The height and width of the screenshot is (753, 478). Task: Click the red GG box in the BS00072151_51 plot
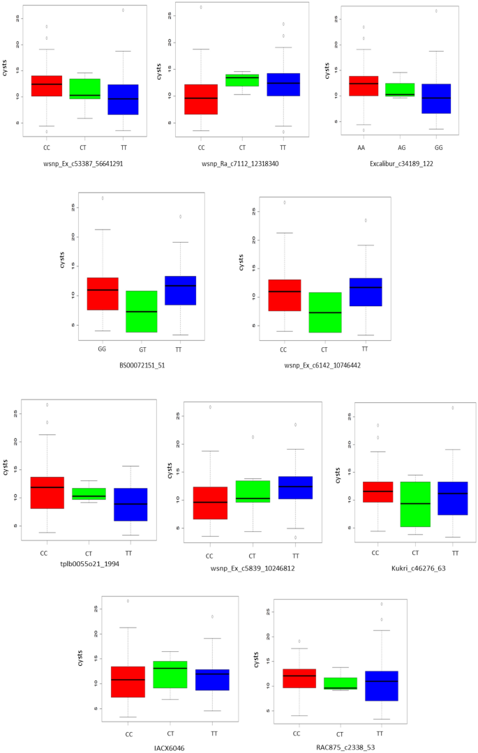[103, 294]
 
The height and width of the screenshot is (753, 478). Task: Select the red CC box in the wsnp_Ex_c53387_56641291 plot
[47, 86]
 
